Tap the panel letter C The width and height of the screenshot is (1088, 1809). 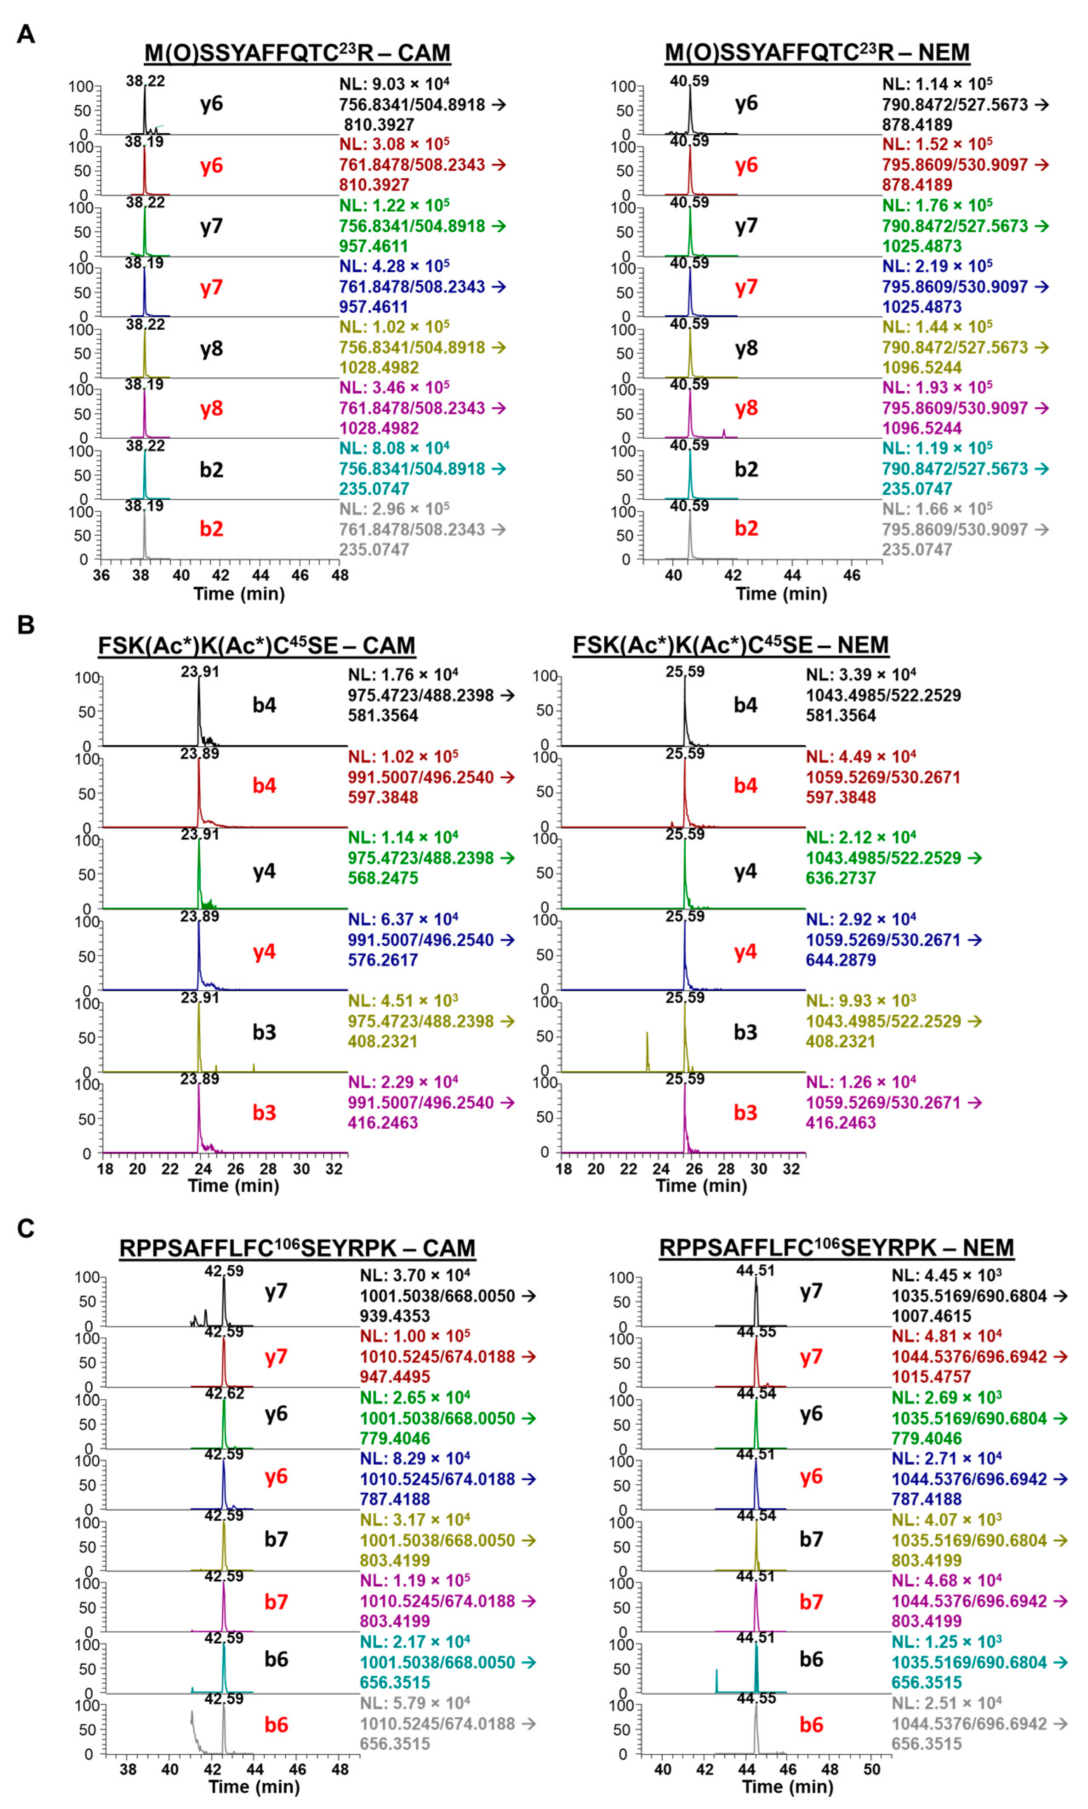coord(26,1228)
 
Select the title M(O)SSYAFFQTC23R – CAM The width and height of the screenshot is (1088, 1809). coord(297,53)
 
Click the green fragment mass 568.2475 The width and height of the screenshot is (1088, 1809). coord(383,878)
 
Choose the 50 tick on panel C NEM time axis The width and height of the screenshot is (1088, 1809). coord(872,1769)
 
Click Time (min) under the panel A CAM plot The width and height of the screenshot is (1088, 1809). coord(239,593)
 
